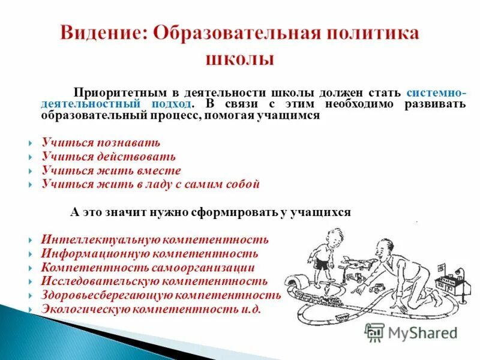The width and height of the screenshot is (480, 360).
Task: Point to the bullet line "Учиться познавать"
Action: pos(101,143)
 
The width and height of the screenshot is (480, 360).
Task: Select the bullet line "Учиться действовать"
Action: pos(109,157)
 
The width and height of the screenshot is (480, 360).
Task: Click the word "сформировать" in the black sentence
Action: pos(229,212)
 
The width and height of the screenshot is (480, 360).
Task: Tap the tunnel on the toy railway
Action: pos(298,282)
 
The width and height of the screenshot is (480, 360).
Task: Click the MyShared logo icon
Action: pos(375,332)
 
